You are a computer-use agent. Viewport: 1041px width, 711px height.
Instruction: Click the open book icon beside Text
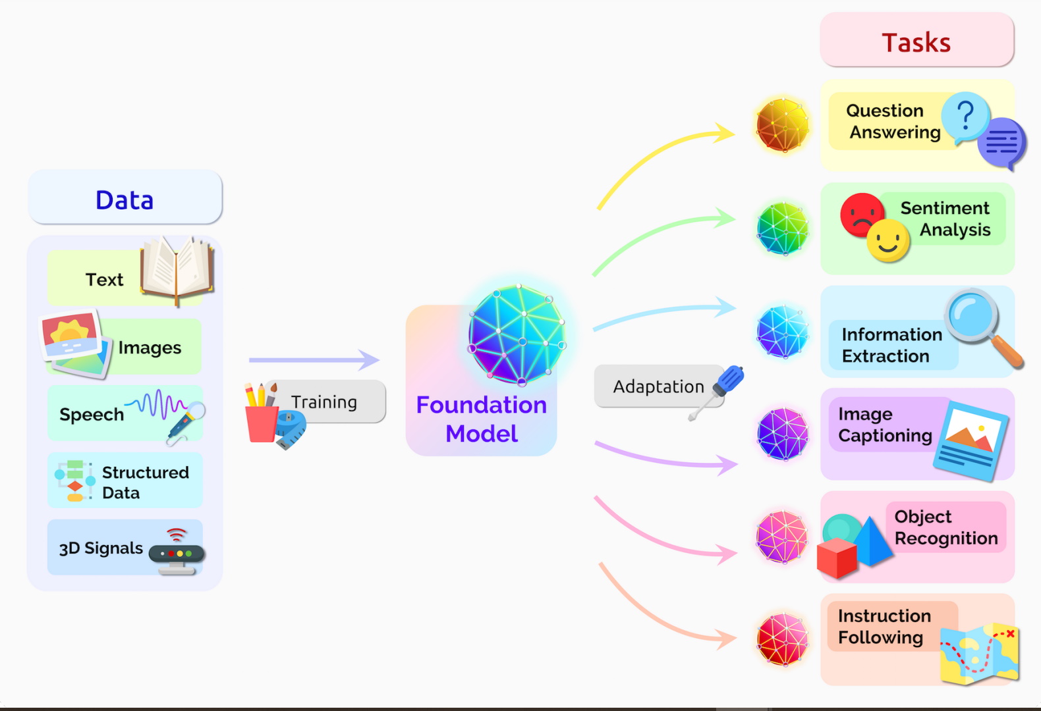(x=177, y=269)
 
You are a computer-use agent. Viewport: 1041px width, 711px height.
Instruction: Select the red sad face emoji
(x=861, y=214)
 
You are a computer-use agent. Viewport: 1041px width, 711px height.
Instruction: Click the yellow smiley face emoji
(x=888, y=241)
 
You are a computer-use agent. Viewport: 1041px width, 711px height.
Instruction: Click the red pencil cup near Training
(x=262, y=423)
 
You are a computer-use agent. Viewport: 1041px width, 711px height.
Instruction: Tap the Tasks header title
(x=916, y=43)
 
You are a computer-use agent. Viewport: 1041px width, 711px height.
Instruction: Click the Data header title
(x=125, y=200)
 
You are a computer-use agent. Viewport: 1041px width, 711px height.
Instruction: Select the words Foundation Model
(x=482, y=419)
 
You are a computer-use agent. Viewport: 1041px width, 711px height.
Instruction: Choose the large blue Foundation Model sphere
(x=517, y=335)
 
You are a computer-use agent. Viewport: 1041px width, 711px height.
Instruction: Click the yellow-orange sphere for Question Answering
(x=782, y=125)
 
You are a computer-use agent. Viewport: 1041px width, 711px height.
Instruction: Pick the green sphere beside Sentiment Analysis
(x=782, y=228)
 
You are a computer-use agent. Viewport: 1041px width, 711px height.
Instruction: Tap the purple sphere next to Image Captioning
(x=782, y=434)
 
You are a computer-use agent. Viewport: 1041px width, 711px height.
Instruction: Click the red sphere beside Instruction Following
(x=782, y=639)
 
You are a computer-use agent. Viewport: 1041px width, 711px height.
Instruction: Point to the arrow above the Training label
(x=314, y=360)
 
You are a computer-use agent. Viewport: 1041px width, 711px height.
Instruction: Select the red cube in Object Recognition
(x=836, y=558)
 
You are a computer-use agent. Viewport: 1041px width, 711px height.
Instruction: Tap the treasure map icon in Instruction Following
(x=980, y=653)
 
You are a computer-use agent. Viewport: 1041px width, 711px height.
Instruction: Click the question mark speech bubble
(x=965, y=117)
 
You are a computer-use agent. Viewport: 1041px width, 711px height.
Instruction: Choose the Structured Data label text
(x=145, y=483)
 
